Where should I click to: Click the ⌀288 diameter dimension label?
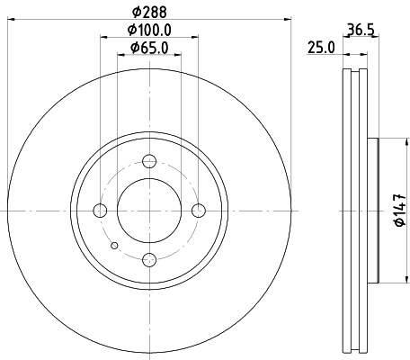[x=149, y=13]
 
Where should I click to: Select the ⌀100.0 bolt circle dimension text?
[x=149, y=31]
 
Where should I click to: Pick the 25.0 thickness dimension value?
[x=321, y=48]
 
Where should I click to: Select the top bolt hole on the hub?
[x=150, y=162]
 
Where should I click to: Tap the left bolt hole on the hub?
[x=101, y=211]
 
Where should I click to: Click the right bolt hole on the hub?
[x=199, y=211]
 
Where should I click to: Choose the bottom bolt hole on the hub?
[x=150, y=260]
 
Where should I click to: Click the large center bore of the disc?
[x=150, y=211]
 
